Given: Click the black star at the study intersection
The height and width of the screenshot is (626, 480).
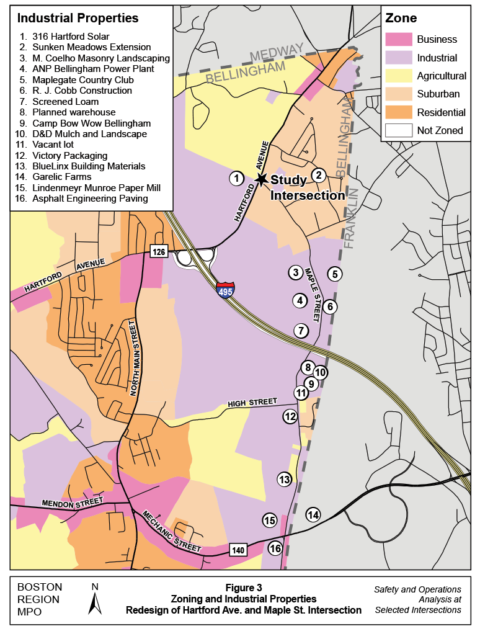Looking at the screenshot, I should point(262,179).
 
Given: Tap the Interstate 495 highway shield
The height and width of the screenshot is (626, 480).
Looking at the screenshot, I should point(225,290).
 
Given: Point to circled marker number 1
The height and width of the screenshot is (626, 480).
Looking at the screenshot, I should point(236,179).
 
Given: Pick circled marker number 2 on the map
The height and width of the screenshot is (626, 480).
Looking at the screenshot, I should point(318,175).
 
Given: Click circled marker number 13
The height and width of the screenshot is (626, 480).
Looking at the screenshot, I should point(284,479).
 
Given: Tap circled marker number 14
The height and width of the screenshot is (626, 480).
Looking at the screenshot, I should point(313,514).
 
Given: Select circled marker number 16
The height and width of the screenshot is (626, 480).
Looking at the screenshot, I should point(275,548).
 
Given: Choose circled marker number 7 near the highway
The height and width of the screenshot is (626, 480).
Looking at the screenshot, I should point(301,331).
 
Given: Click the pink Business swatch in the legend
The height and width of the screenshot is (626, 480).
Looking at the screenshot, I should point(398,39).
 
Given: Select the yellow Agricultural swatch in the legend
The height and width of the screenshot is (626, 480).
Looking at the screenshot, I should point(398,76).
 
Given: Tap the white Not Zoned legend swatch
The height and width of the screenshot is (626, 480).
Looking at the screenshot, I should point(398,130).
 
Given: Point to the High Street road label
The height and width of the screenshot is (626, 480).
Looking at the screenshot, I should point(252,403).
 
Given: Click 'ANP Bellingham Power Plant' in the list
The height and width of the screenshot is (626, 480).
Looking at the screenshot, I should point(94,68).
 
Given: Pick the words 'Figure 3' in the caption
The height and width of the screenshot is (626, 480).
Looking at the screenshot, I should point(243,587).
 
